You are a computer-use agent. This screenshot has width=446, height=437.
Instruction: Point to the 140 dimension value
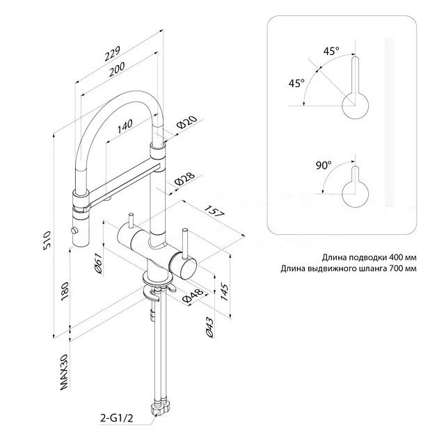pyautogui.click(x=125, y=125)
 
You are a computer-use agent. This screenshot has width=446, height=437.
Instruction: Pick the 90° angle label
pyautogui.click(x=323, y=165)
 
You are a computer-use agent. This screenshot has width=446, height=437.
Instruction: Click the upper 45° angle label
pyautogui.click(x=331, y=51)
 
